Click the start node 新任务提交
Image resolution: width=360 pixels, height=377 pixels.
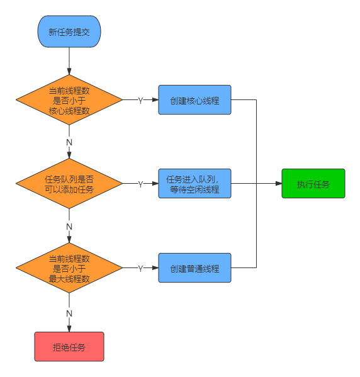pos(69,31)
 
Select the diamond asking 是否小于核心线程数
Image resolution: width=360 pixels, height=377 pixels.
pos(69,100)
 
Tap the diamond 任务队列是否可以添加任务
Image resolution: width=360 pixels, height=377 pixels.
pos(69,183)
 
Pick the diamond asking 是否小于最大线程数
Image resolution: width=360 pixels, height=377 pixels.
pos(69,268)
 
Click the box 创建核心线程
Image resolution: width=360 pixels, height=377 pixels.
pos(194,100)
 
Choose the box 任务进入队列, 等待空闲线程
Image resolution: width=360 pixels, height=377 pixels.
pos(194,183)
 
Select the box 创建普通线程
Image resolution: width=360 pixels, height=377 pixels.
pos(194,268)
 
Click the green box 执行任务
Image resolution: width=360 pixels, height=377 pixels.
pos(313,183)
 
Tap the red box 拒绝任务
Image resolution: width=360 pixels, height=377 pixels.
pos(69,347)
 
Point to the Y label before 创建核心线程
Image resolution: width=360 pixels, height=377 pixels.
pos(140,100)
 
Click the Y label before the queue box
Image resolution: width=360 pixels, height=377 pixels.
pos(140,184)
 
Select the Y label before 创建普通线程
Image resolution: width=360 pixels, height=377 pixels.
pos(140,268)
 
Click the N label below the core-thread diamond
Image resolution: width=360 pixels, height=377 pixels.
pos(69,142)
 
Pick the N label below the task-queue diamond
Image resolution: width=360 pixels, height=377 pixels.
pos(69,227)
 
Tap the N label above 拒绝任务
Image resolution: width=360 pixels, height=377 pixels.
pos(69,313)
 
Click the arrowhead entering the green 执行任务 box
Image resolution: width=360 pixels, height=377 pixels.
pos(278,183)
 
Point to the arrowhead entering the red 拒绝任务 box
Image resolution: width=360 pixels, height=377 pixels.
pos(69,329)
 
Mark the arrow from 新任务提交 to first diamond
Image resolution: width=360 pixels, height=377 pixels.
pos(69,61)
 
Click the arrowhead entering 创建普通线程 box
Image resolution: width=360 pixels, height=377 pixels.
pos(155,268)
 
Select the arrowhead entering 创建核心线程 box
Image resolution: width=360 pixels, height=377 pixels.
pos(155,100)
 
